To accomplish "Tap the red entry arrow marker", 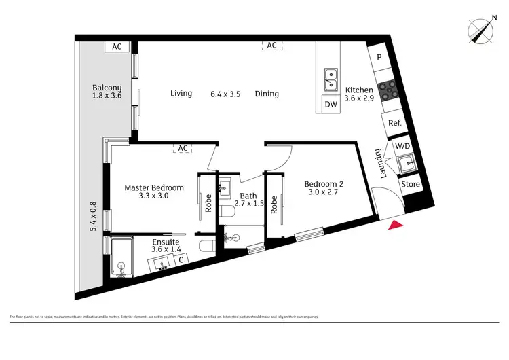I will pyautogui.click(x=396, y=226).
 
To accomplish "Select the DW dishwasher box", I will pyautogui.click(x=331, y=104).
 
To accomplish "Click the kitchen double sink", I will pyautogui.click(x=331, y=79).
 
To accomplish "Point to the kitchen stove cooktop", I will pyautogui.click(x=391, y=90).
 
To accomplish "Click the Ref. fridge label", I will pyautogui.click(x=394, y=124).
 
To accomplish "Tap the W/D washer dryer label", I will pyautogui.click(x=402, y=145).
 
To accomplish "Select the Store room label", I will pyautogui.click(x=411, y=184).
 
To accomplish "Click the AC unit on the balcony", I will pyautogui.click(x=117, y=47).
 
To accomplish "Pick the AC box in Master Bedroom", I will pyautogui.click(x=183, y=147).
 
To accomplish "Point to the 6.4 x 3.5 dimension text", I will pyautogui.click(x=225, y=94).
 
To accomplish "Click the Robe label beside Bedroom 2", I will pyautogui.click(x=274, y=204).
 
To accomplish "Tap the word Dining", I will pyautogui.click(x=267, y=94).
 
